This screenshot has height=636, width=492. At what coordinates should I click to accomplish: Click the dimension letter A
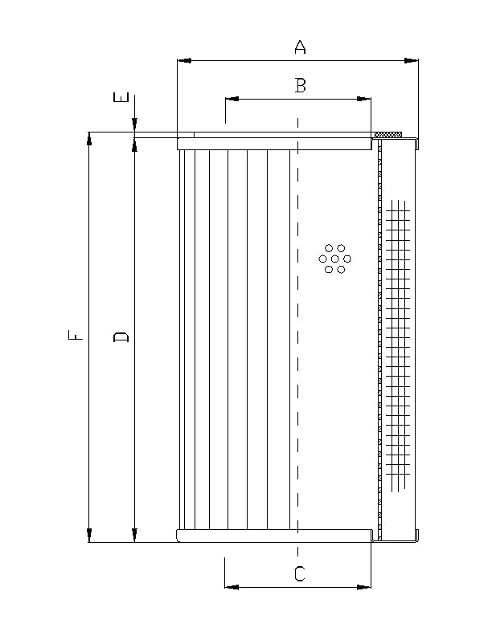tap(300, 47)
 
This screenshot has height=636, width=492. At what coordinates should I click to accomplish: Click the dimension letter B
tap(300, 85)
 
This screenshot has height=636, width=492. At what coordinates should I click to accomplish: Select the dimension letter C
tap(299, 573)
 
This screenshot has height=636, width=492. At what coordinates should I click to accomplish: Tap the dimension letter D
tap(121, 336)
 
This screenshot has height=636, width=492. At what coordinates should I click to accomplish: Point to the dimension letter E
tap(121, 99)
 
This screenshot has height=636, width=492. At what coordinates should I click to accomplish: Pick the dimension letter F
tap(76, 336)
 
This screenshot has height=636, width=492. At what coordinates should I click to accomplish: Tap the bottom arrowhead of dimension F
tap(89, 535)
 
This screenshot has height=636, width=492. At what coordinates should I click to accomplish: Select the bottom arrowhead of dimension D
tap(134, 535)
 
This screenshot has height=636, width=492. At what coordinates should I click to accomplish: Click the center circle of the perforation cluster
tap(335, 259)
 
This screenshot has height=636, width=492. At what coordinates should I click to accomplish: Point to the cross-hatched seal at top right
tap(387, 134)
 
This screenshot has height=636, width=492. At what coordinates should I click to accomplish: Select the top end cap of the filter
tap(274, 144)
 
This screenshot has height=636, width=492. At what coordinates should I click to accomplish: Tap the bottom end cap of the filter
tap(274, 536)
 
